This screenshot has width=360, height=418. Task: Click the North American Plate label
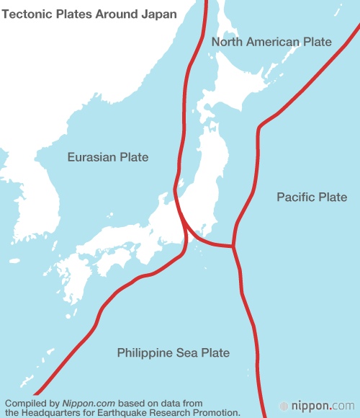271,42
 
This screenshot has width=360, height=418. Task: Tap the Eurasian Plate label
108,157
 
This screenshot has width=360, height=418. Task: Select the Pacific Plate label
312,197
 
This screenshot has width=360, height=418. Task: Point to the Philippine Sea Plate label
173,352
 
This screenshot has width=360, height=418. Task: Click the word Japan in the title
160,14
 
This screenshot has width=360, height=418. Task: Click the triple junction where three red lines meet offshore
233,247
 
